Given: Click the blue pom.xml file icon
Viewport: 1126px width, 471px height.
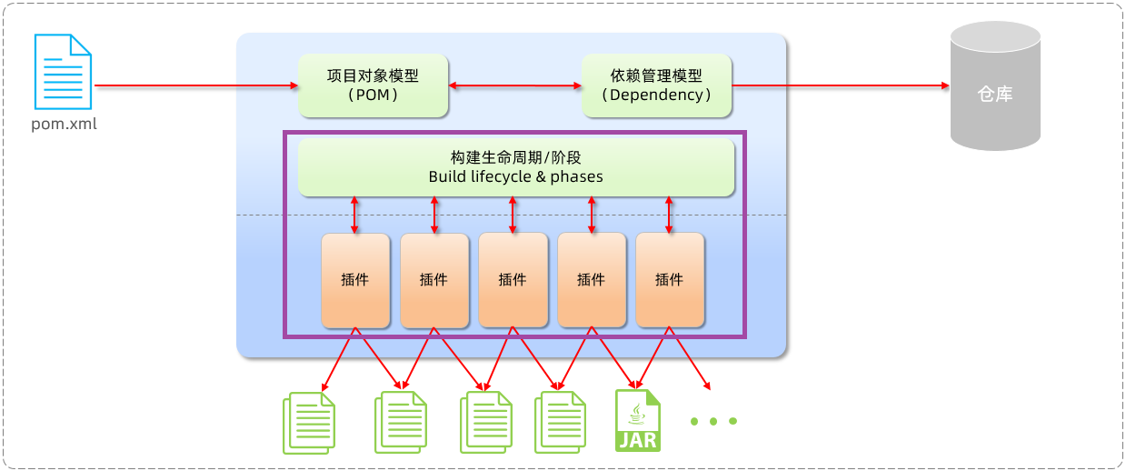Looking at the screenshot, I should pos(64,72).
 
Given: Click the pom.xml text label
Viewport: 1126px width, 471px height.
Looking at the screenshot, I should pos(64,124).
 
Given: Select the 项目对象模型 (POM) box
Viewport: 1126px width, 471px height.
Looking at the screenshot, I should pos(374,85).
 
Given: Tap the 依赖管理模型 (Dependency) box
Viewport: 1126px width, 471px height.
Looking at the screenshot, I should pos(657,85).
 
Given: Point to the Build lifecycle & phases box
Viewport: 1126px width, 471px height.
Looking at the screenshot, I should pos(515,167).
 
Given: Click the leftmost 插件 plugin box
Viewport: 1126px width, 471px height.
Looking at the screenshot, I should pos(355,280).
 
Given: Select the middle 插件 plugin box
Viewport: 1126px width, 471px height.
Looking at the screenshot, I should pos(513,280).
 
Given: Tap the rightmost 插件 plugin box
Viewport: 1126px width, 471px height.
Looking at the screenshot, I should pos(670,280).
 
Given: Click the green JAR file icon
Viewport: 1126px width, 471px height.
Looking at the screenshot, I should pos(638,420).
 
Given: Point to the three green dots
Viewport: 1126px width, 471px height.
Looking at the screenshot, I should pos(713,421).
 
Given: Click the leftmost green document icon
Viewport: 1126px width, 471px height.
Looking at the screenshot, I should pos(309,422).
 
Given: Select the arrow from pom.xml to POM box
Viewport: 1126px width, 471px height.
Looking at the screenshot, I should pos(195,85).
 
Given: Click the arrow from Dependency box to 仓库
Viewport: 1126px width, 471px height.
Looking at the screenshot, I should pos(841,85).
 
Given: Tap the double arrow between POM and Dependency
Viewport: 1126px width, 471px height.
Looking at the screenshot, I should pos(515,85).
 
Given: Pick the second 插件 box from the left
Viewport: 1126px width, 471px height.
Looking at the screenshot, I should pos(434,280).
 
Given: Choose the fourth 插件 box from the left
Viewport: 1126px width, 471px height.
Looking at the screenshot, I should pos(592,280).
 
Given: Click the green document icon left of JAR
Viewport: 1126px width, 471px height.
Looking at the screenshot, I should pos(560,422).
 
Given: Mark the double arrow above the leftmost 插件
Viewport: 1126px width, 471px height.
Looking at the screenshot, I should pos(355,215).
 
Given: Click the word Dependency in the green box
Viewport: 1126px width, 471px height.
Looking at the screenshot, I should pos(657,95).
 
